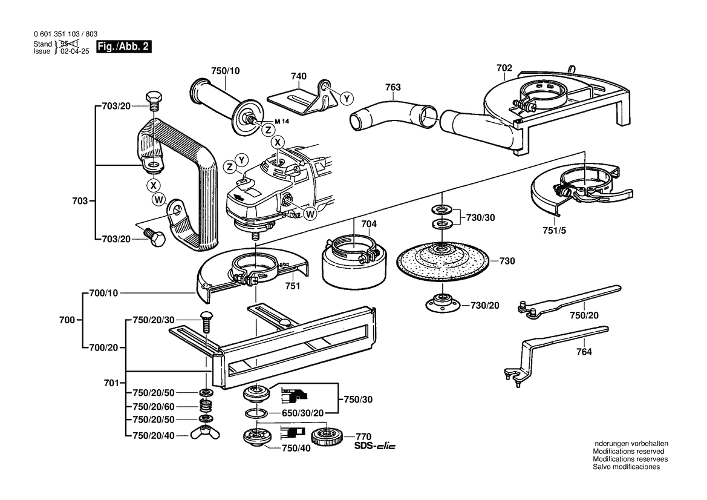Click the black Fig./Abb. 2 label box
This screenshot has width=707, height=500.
pyautogui.click(x=124, y=48)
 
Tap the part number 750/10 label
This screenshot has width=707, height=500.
pyautogui.click(x=226, y=71)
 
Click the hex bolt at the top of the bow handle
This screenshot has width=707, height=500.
pyautogui.click(x=152, y=100)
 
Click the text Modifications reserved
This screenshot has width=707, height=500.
pyautogui.click(x=628, y=452)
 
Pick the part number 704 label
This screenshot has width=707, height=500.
pyautogui.click(x=369, y=224)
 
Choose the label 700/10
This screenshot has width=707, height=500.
pyautogui.click(x=103, y=292)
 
